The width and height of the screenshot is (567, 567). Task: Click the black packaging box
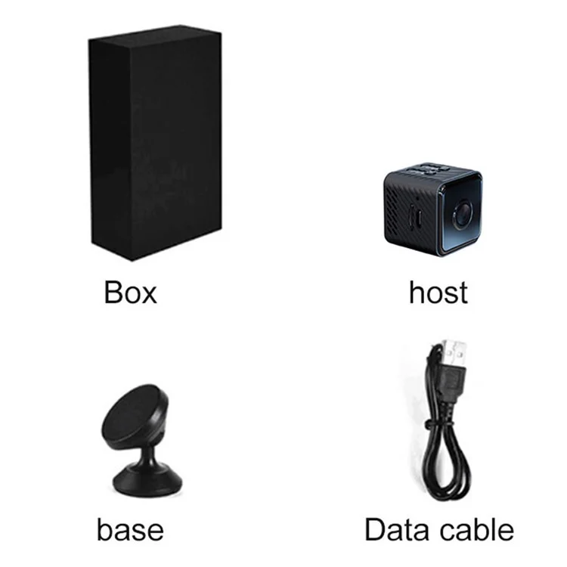coord(156,143)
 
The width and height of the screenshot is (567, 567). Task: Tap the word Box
coord(131,292)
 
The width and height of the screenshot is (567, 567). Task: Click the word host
coord(438,292)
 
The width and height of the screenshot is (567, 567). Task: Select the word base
coord(130,530)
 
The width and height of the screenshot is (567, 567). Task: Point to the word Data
coord(399,530)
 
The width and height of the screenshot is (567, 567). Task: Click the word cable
coord(477,530)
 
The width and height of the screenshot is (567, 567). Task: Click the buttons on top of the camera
coord(429,169)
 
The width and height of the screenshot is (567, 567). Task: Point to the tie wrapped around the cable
coord(438,423)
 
